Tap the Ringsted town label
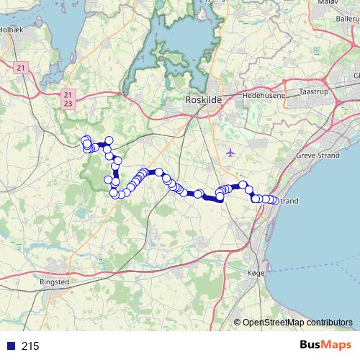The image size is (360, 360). [55, 282]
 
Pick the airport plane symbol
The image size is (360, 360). [230, 152]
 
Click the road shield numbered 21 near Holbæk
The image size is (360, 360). [20, 67]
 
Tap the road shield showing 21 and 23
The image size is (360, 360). [68, 99]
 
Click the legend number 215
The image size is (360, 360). [30, 346]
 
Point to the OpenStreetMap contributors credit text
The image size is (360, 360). [297, 323]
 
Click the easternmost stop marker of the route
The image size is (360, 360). [274, 200]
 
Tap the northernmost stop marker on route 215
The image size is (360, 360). [86, 140]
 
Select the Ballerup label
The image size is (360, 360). [346, 14]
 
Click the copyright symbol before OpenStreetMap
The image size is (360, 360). [238, 323]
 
